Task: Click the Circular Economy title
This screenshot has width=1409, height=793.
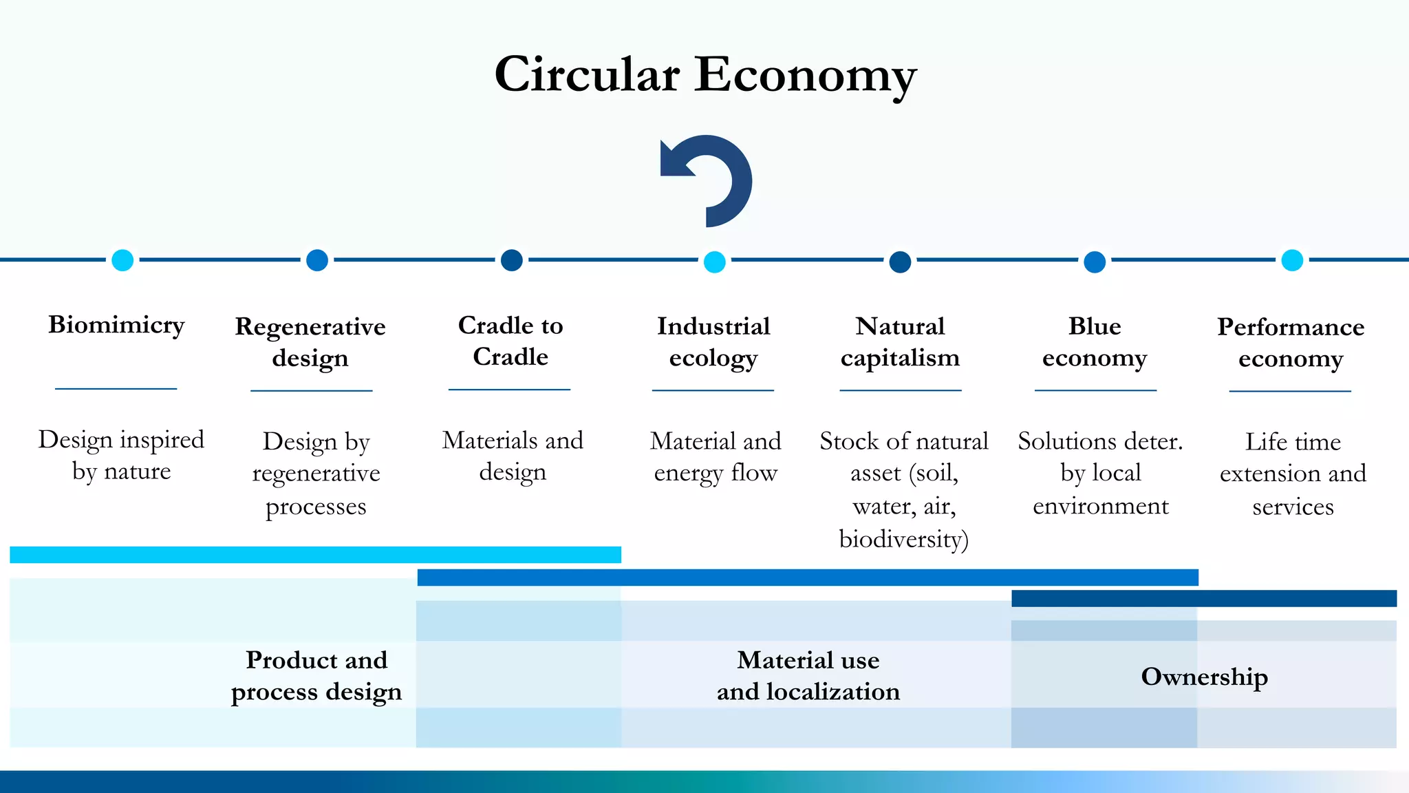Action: click(705, 74)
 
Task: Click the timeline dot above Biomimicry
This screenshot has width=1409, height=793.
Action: click(122, 260)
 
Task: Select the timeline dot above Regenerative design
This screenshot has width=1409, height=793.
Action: click(316, 260)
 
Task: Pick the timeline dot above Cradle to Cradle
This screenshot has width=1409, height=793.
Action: click(511, 260)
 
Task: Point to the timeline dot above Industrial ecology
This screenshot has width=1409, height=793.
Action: click(715, 262)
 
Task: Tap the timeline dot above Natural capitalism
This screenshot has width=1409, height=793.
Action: click(900, 262)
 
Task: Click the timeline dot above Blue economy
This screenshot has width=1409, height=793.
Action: click(1095, 262)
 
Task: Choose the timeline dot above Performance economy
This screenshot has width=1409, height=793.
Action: click(1292, 260)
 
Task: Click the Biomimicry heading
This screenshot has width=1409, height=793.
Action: click(116, 324)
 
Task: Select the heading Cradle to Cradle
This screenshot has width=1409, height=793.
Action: click(510, 341)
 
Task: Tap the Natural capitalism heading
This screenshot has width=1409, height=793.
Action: click(900, 341)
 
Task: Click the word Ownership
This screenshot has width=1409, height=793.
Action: click(1204, 677)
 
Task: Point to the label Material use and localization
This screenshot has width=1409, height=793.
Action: click(808, 675)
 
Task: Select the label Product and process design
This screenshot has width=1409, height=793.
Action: click(316, 675)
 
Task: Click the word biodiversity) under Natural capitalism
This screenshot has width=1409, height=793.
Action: click(903, 539)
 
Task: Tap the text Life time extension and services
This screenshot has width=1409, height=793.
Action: click(1293, 474)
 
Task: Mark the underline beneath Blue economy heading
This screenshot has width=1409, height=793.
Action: click(1095, 390)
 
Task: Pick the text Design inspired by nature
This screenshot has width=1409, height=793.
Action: click(121, 455)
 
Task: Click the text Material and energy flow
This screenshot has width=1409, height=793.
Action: click(716, 456)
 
